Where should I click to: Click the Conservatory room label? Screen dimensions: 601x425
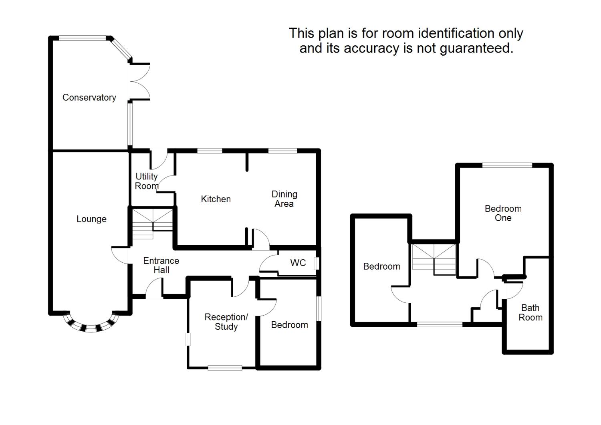[x=89, y=97]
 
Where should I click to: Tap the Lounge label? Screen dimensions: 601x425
[x=91, y=219]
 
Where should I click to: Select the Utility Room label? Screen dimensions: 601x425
[x=146, y=181]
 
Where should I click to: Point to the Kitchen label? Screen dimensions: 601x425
[x=216, y=199]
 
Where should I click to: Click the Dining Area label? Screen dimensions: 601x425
[x=284, y=199]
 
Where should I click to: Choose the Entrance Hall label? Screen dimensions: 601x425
[x=161, y=265]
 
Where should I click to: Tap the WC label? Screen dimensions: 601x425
[x=298, y=263]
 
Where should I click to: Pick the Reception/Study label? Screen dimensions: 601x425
[x=226, y=322]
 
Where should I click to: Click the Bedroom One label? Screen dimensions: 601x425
[x=503, y=213]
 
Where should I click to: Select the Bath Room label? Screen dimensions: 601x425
[x=530, y=312]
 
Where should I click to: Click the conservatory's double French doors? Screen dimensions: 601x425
[x=139, y=81]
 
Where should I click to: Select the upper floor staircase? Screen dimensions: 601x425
[x=434, y=259]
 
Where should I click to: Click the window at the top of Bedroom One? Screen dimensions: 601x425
[x=507, y=165]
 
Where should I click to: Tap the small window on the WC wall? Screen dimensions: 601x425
[x=317, y=263]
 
